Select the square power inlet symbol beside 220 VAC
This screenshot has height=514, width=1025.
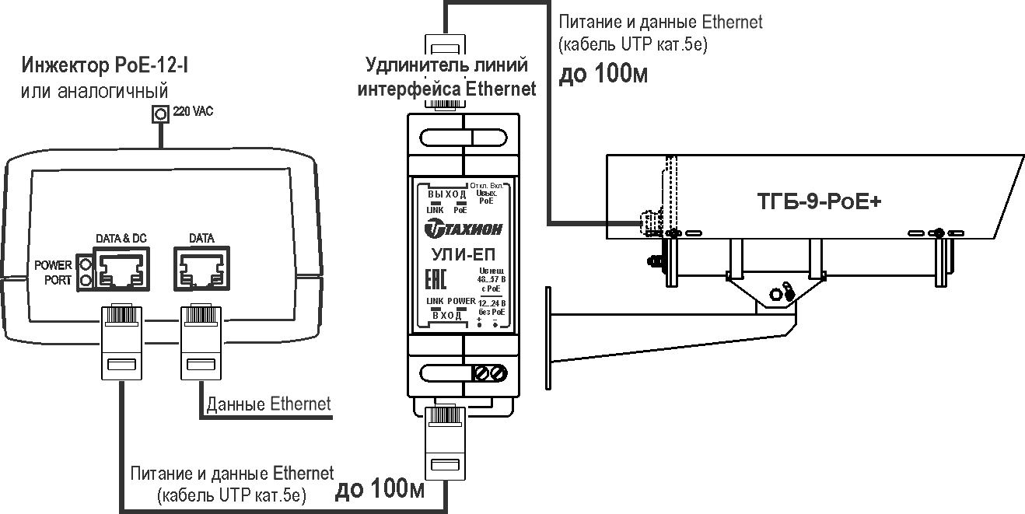click(x=160, y=114)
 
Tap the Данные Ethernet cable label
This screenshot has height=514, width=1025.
click(x=268, y=404)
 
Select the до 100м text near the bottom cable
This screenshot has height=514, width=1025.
click(x=380, y=490)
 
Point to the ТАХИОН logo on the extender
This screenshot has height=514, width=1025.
click(x=464, y=228)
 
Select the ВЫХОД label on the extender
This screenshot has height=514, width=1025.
click(x=446, y=194)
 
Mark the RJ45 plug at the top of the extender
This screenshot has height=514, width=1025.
click(x=446, y=47)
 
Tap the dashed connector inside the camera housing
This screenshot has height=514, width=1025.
click(x=644, y=222)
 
